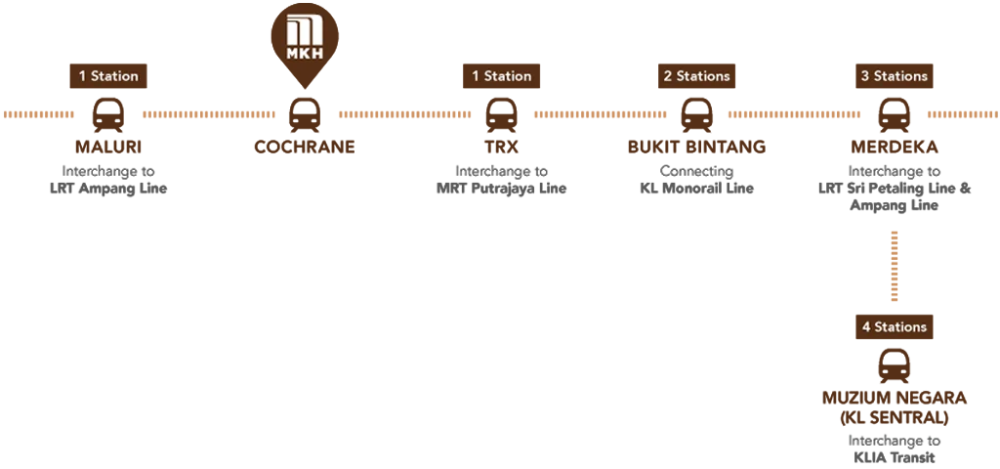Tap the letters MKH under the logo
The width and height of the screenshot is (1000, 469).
(305, 53)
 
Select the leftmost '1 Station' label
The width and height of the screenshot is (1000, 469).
(108, 76)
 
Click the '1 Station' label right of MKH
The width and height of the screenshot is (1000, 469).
(502, 76)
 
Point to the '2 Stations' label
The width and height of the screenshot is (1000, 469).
(696, 76)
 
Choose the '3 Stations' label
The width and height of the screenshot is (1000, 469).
(894, 76)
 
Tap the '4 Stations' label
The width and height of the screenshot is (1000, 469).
(894, 327)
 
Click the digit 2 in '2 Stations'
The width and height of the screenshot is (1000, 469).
(668, 76)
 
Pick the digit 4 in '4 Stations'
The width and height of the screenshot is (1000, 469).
(866, 327)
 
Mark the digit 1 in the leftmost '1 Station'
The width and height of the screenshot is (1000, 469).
(83, 76)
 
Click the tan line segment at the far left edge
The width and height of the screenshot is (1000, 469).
(43, 117)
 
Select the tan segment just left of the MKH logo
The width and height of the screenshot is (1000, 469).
(210, 117)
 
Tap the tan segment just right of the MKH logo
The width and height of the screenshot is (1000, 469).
(407, 117)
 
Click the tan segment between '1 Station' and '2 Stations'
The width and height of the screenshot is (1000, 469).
(604, 117)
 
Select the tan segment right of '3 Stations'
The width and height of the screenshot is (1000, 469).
(960, 117)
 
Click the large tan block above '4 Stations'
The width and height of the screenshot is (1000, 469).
(944, 266)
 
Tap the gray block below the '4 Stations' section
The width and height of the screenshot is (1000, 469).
(923, 453)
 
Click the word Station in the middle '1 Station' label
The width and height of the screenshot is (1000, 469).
(508, 76)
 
